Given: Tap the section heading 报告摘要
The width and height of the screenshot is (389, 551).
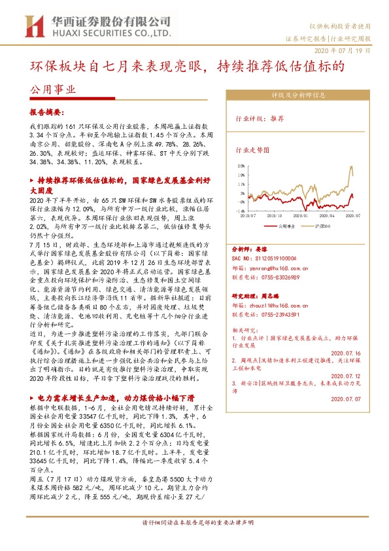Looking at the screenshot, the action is coord(48,113).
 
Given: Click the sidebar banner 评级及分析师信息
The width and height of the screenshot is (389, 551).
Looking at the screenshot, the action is coord(299,94).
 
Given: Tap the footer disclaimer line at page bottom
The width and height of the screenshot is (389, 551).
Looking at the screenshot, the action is coord(194,542).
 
